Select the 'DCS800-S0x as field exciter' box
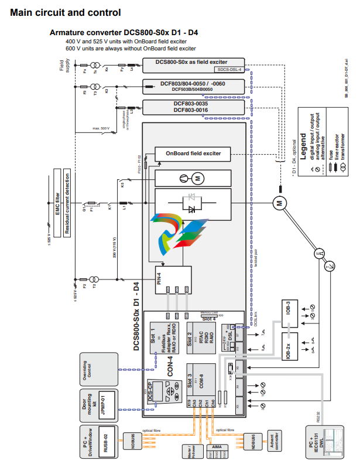click(x=191, y=62)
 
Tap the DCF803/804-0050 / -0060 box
click(x=191, y=86)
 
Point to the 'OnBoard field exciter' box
click(x=193, y=153)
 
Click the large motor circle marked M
click(x=279, y=202)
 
